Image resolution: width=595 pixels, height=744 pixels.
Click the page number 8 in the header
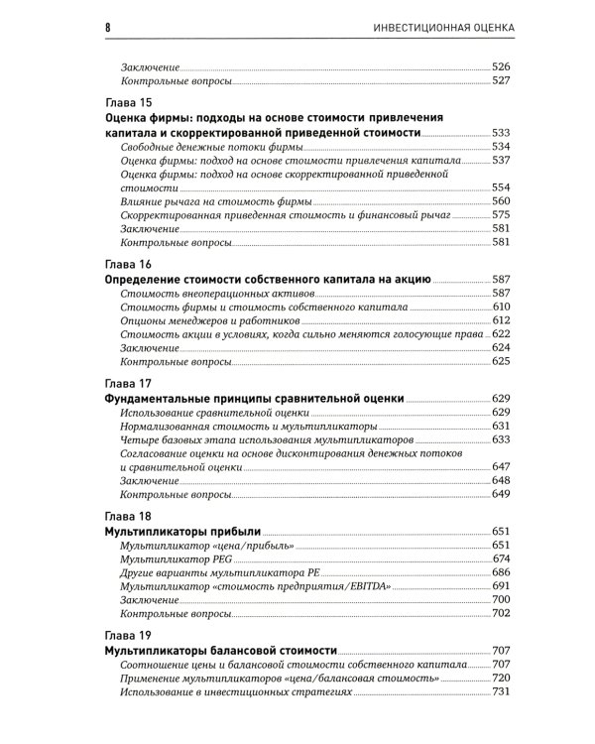coord(107,26)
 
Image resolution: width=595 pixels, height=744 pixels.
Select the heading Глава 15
coord(128,102)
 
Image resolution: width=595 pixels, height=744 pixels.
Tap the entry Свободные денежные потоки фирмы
coord(198,147)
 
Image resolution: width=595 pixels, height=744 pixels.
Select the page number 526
coord(501,66)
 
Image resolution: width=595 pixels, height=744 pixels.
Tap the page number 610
coord(501,308)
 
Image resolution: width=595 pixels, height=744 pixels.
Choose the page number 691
coord(501,586)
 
